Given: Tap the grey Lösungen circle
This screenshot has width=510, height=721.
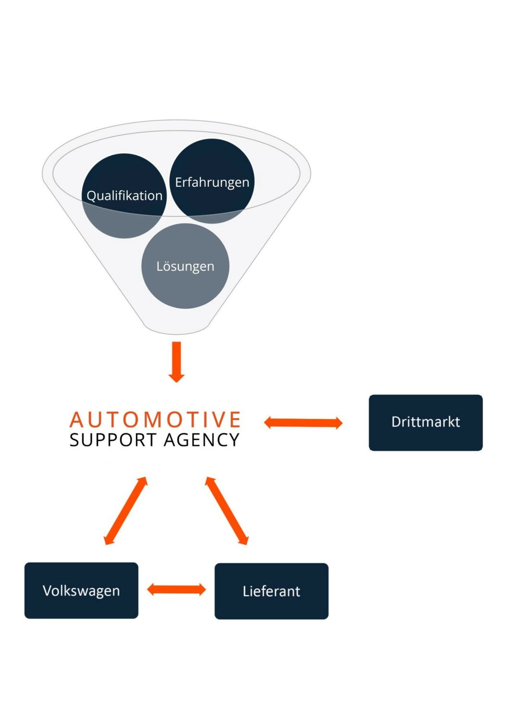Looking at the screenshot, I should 185,288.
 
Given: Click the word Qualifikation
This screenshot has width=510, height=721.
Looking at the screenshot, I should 124,196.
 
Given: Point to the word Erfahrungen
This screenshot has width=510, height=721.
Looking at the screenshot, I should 212,183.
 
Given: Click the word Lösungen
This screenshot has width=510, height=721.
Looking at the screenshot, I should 185,266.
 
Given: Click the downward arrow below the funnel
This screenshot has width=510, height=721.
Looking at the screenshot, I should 176,361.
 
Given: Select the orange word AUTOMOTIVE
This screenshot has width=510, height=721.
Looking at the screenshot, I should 155,420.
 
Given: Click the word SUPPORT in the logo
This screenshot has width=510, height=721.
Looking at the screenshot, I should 113,440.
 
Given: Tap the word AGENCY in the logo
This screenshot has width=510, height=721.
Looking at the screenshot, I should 201,440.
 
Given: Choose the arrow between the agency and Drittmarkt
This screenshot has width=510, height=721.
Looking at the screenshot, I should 303,423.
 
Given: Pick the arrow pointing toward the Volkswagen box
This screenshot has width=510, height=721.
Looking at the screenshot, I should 125,510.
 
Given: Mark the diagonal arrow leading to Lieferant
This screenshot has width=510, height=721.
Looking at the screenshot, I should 227,510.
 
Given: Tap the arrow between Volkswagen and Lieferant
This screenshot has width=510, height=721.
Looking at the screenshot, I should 176,589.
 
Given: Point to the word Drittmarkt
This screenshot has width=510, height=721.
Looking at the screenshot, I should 425,422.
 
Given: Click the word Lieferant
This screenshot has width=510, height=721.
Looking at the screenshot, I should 271,591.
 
